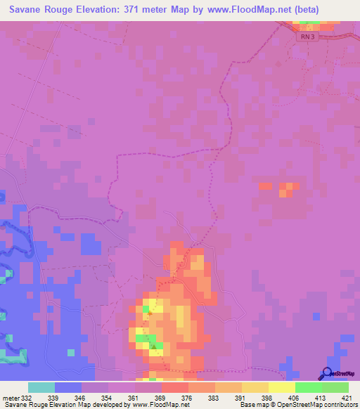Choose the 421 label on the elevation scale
coord(346,397)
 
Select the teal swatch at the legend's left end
coord(41,387)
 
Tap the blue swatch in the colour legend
coord(68,387)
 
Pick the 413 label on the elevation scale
coord(320,397)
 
